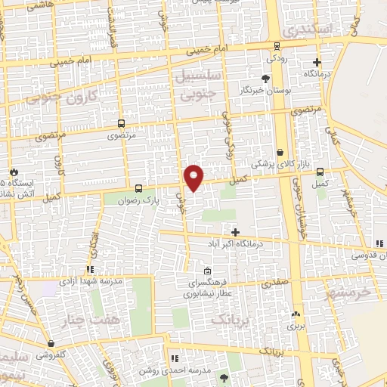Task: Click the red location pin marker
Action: point(194,178)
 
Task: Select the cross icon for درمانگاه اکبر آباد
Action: point(235,232)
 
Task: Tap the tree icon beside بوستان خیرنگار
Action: point(265,79)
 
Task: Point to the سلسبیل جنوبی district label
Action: point(200,84)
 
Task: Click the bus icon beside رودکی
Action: point(272,44)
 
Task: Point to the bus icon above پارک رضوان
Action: point(138,188)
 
